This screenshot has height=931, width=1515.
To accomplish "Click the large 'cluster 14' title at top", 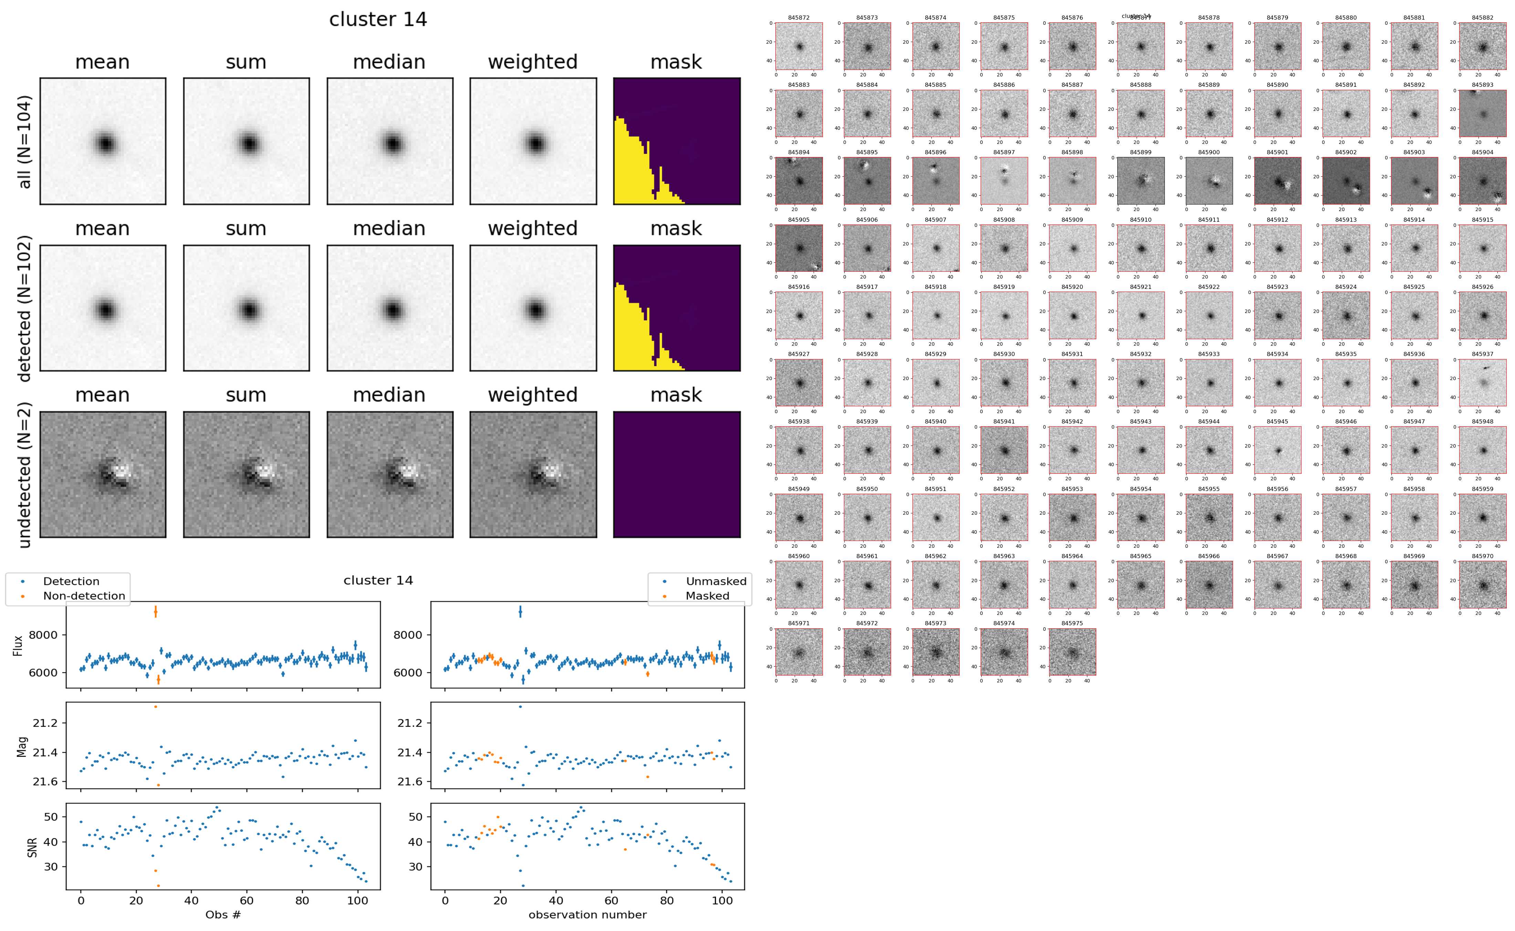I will click(378, 20).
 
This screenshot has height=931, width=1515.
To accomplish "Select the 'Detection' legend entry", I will click(71, 581).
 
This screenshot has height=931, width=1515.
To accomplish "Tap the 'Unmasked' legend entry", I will click(716, 581).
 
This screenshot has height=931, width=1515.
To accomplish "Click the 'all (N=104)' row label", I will click(25, 142).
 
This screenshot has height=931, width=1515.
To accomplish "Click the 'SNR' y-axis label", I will click(32, 847).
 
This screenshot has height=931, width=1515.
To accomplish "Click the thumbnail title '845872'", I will click(798, 18).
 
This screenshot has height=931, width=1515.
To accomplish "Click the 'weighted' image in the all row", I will click(533, 141).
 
